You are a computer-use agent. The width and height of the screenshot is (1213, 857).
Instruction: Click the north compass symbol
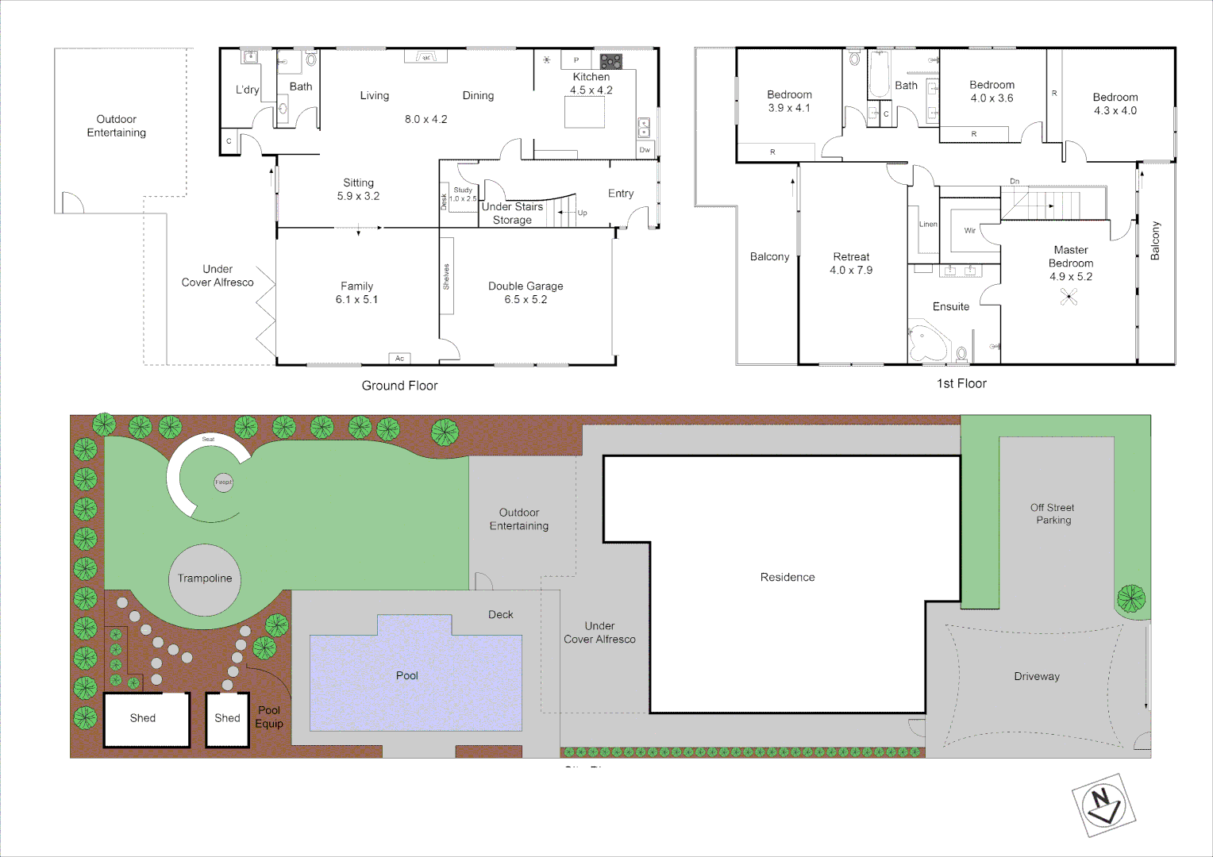coord(1103,805)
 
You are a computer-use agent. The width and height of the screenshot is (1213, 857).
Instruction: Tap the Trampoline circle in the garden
coord(205,579)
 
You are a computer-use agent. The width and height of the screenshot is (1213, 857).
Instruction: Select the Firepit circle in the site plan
coord(224,482)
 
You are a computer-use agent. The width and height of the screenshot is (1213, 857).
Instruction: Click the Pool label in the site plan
coord(407,676)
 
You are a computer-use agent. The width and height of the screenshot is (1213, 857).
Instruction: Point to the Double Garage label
coord(526,286)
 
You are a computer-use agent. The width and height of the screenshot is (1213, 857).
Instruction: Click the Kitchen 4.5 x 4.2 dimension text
coord(591,90)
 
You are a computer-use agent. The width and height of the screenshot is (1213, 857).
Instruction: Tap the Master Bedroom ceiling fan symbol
coord(1069,297)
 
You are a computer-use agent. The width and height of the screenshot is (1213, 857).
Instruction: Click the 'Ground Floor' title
coord(399,386)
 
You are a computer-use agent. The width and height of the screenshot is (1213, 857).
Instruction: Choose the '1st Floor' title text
coord(961,384)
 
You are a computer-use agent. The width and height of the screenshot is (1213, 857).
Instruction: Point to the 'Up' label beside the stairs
coord(583,213)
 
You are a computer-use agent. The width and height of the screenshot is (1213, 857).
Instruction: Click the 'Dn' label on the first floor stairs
coord(1015,182)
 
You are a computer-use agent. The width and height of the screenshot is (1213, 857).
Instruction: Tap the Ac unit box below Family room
coord(399,359)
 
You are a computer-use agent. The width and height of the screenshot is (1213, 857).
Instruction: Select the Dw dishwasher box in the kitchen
coord(645,150)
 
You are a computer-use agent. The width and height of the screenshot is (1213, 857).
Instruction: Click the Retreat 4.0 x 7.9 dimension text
coord(851,271)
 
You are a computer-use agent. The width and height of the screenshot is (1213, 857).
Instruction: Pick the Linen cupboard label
coord(928,225)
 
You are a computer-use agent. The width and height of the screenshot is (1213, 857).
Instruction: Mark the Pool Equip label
coord(269,717)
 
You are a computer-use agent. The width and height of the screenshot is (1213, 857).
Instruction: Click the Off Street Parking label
coord(1053,514)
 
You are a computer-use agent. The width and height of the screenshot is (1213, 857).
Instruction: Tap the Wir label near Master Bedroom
coord(970,231)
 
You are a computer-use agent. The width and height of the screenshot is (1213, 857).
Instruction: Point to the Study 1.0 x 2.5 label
coord(464,194)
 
